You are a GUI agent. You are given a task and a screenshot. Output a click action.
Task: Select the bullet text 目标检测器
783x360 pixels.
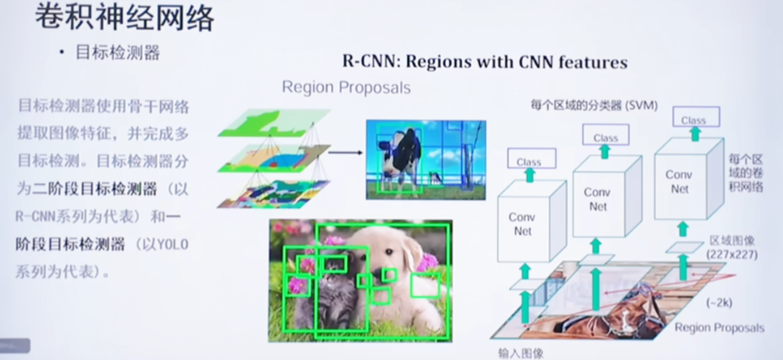click(117, 53)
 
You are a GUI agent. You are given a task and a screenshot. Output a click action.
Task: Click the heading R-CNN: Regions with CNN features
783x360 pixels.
click(484, 62)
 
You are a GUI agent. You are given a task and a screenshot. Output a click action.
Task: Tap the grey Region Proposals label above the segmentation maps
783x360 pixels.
click(346, 87)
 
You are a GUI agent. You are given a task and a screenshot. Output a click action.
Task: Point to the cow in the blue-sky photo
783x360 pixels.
click(402, 155)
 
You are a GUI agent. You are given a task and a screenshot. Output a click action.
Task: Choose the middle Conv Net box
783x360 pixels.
click(598, 199)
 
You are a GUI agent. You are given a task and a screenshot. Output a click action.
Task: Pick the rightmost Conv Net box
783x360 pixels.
click(680, 182)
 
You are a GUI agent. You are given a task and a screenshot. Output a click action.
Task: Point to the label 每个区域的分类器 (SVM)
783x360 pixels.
click(594, 105)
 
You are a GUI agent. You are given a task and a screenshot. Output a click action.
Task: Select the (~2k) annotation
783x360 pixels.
click(719, 303)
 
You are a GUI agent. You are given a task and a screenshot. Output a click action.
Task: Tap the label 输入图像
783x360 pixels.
click(521, 353)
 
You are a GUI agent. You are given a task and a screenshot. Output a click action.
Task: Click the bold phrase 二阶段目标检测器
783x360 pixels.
click(95, 189)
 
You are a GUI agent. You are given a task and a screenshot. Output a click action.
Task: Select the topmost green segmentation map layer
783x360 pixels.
click(275, 122)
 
